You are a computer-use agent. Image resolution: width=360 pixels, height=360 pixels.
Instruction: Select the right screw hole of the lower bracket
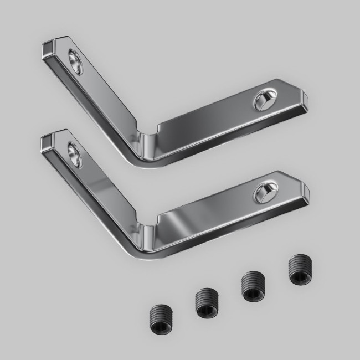264,192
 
